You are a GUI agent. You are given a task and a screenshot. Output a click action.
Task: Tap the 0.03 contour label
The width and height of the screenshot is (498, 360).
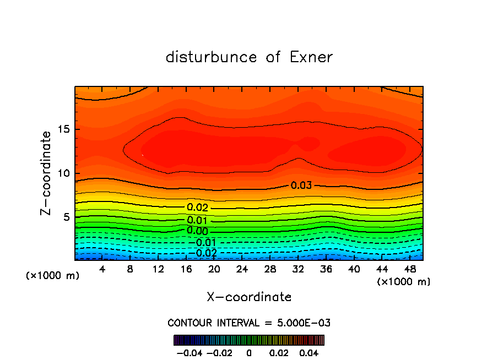tap(301, 186)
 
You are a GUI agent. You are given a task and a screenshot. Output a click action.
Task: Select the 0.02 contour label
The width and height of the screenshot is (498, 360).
tap(197, 208)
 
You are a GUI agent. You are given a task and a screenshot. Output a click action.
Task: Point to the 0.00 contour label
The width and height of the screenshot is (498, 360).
tap(197, 231)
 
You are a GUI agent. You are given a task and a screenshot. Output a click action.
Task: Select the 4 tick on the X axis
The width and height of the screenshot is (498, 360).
tap(102, 269)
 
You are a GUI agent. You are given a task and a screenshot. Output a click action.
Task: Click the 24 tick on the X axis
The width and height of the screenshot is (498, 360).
tap(242, 269)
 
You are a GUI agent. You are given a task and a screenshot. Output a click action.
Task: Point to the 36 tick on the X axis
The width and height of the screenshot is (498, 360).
tap(326, 269)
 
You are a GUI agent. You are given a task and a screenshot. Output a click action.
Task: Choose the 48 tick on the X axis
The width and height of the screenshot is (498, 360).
tap(409, 269)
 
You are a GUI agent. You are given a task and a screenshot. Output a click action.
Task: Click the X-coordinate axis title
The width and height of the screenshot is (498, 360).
tap(249, 297)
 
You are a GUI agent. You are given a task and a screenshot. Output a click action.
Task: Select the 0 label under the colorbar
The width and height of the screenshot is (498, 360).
tap(249, 352)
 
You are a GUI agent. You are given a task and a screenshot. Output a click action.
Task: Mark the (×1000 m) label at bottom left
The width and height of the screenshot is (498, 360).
tap(53, 276)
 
